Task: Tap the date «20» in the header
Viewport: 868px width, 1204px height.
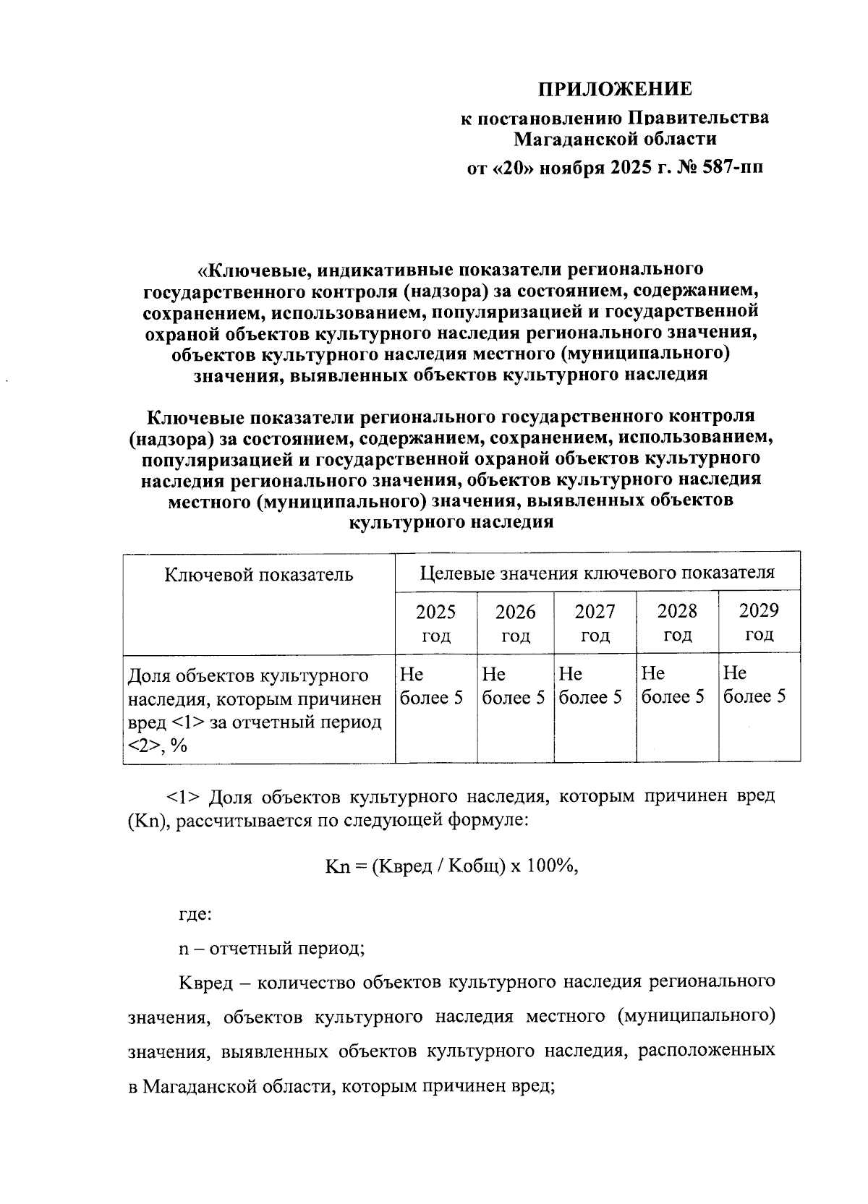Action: point(511,168)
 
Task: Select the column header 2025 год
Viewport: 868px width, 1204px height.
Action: point(435,623)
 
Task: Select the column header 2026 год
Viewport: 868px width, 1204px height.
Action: point(515,623)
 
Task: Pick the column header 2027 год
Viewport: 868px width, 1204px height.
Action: point(595,623)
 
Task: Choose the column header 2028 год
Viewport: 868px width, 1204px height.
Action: point(677,623)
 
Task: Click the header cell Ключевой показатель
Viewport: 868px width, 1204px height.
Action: point(259,575)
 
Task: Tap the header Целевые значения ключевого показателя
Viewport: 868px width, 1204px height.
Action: point(597,573)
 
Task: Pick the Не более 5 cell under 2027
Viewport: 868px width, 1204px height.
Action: point(590,686)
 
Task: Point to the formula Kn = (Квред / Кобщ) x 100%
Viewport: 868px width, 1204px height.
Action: point(451,866)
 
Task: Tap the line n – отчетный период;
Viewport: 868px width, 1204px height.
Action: point(271,948)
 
